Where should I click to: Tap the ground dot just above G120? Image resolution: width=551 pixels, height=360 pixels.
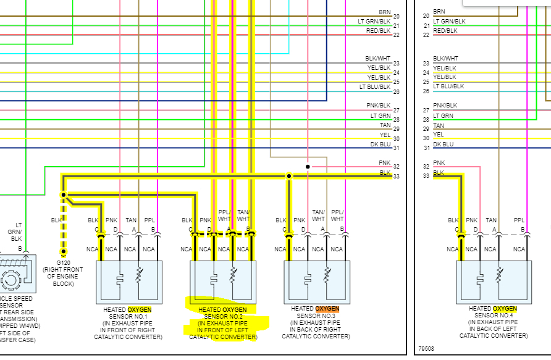point(63,252)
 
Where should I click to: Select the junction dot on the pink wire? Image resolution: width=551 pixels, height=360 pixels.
point(307,167)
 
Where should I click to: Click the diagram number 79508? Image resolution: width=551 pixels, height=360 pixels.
point(426,349)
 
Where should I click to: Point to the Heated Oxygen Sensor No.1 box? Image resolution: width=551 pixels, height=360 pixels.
point(129,282)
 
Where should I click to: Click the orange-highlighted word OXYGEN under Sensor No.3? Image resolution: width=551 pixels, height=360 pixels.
point(327,309)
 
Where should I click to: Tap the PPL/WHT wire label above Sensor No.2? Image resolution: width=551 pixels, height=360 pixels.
point(225,215)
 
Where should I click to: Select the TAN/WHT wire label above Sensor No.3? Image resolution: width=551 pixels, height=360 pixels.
point(318,215)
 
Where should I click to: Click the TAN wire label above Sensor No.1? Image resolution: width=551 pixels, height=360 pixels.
point(131,220)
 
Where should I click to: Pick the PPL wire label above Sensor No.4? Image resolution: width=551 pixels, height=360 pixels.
point(519,220)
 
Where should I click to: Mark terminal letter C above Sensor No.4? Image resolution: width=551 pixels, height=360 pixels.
point(460,229)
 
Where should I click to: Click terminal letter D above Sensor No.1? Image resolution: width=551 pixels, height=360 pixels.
point(116,229)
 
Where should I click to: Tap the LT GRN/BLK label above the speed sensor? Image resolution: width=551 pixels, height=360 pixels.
point(15,233)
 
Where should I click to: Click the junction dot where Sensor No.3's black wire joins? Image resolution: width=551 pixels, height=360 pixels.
point(288,177)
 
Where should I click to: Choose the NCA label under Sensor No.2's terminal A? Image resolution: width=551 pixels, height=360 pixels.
point(224,249)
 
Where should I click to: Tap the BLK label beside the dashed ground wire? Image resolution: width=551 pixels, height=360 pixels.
point(56,220)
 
